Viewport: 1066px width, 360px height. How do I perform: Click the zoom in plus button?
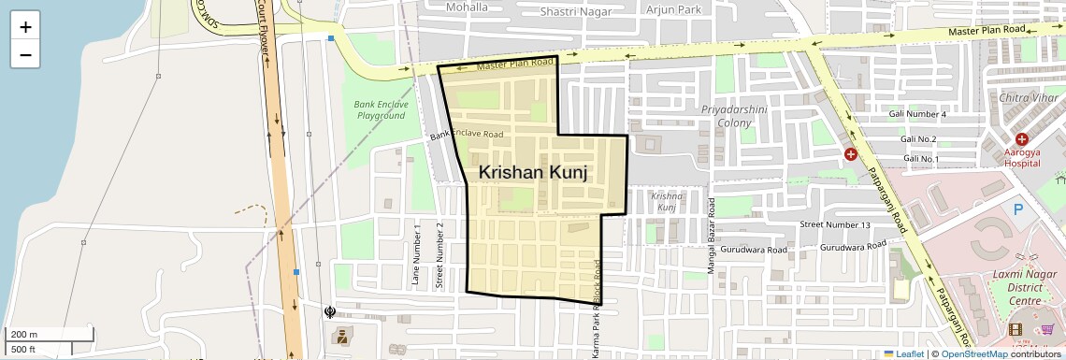point(25,27)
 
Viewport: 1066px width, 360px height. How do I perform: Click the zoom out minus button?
point(25,54)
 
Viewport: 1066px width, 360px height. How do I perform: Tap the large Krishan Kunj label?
point(532,172)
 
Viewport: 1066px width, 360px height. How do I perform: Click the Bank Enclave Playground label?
point(381,109)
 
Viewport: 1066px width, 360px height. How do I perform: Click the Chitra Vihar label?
point(1028,98)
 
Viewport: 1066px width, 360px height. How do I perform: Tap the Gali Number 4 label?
point(918,114)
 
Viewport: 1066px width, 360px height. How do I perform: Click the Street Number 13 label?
point(835,225)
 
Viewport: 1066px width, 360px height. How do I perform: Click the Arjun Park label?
point(667,9)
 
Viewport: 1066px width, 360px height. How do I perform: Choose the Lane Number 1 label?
point(416,254)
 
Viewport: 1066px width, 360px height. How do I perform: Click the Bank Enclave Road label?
point(467,136)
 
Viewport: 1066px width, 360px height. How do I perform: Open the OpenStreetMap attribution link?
point(973,353)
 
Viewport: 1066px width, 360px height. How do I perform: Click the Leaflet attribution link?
point(903,353)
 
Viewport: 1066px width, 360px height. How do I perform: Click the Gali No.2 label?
point(918,139)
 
